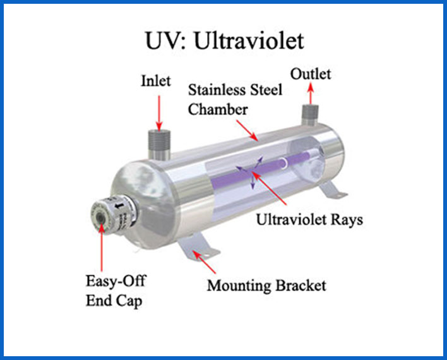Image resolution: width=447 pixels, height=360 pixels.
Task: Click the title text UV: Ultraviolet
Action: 223,41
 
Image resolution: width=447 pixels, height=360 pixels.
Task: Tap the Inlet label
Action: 155,81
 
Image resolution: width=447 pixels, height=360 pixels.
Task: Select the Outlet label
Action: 310,75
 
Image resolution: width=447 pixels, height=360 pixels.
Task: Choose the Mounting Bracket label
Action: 267,285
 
